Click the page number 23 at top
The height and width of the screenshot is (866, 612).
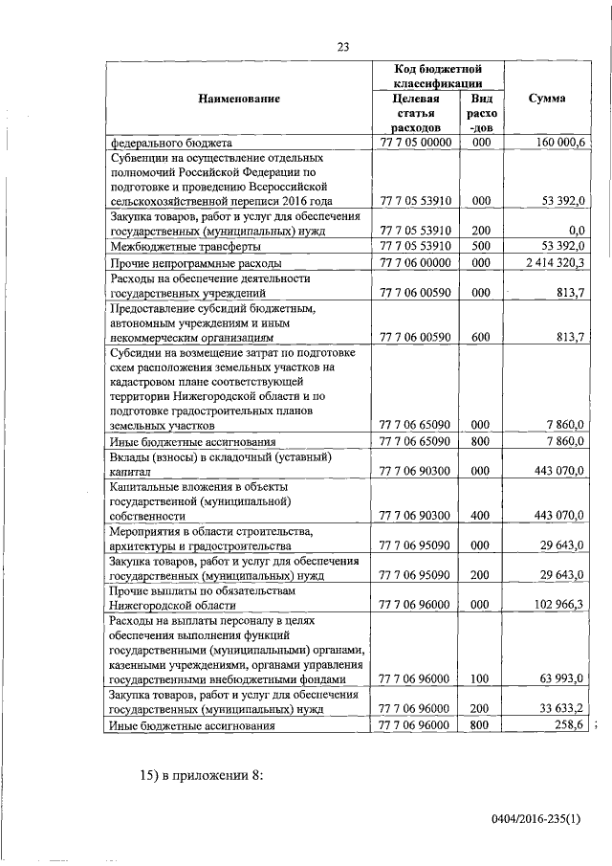(x=345, y=47)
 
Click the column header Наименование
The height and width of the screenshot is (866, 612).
(x=239, y=99)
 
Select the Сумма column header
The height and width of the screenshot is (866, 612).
(x=547, y=99)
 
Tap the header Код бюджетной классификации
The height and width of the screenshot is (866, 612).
(x=436, y=77)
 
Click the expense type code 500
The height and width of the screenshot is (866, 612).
(x=480, y=246)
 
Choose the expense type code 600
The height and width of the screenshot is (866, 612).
(x=480, y=336)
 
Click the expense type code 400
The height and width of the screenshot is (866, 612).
(x=480, y=515)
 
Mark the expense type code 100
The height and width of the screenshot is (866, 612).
(x=480, y=679)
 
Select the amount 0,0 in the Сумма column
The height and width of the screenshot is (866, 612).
(x=576, y=230)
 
